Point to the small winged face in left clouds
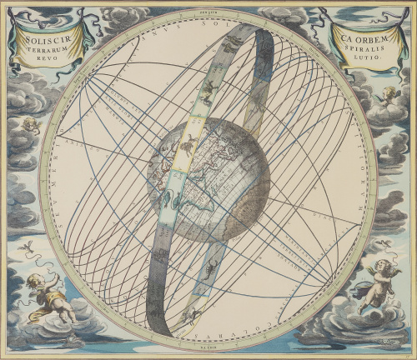(30, 125)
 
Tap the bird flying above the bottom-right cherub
(383, 242)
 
